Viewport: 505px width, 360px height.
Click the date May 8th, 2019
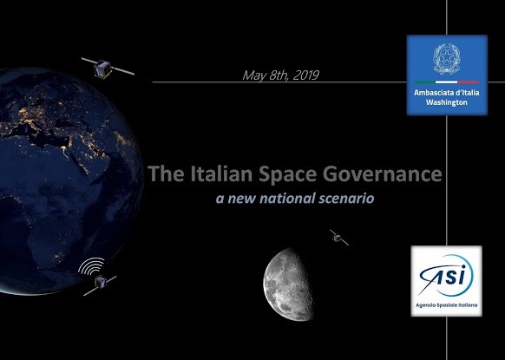280,75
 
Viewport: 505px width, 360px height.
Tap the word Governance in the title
383,173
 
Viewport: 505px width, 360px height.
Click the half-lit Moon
288,285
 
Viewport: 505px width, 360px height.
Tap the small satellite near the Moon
338,238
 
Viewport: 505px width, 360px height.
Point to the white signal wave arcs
91,266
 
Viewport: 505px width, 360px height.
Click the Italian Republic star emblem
447,59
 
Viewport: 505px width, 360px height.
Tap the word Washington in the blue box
446,102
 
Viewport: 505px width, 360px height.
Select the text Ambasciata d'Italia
446,93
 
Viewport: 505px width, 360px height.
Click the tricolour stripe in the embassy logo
446,82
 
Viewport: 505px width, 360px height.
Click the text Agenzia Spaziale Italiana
446,305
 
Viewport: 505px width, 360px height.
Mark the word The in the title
167,173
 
